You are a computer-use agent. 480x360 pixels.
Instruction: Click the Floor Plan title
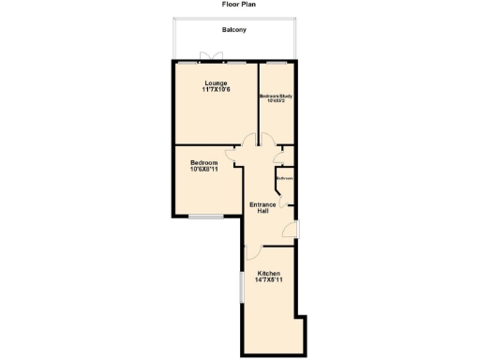(x=239, y=5)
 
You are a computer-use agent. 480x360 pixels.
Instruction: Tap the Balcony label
(x=234, y=30)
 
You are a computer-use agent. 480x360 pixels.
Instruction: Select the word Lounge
(x=217, y=83)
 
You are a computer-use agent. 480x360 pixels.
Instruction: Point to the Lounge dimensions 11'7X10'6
(x=217, y=91)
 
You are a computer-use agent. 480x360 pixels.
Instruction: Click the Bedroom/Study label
(x=277, y=96)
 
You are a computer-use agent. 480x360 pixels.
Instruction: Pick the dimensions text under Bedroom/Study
(x=277, y=101)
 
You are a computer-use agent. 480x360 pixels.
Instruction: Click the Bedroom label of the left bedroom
(x=203, y=162)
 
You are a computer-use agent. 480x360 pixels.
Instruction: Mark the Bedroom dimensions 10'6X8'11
(x=203, y=170)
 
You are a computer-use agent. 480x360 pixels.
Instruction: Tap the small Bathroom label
(x=284, y=178)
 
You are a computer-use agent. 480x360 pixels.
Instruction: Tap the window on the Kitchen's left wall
(x=242, y=286)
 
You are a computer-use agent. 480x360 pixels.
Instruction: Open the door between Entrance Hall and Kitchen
(x=253, y=249)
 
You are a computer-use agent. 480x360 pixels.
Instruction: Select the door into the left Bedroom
(x=232, y=156)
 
